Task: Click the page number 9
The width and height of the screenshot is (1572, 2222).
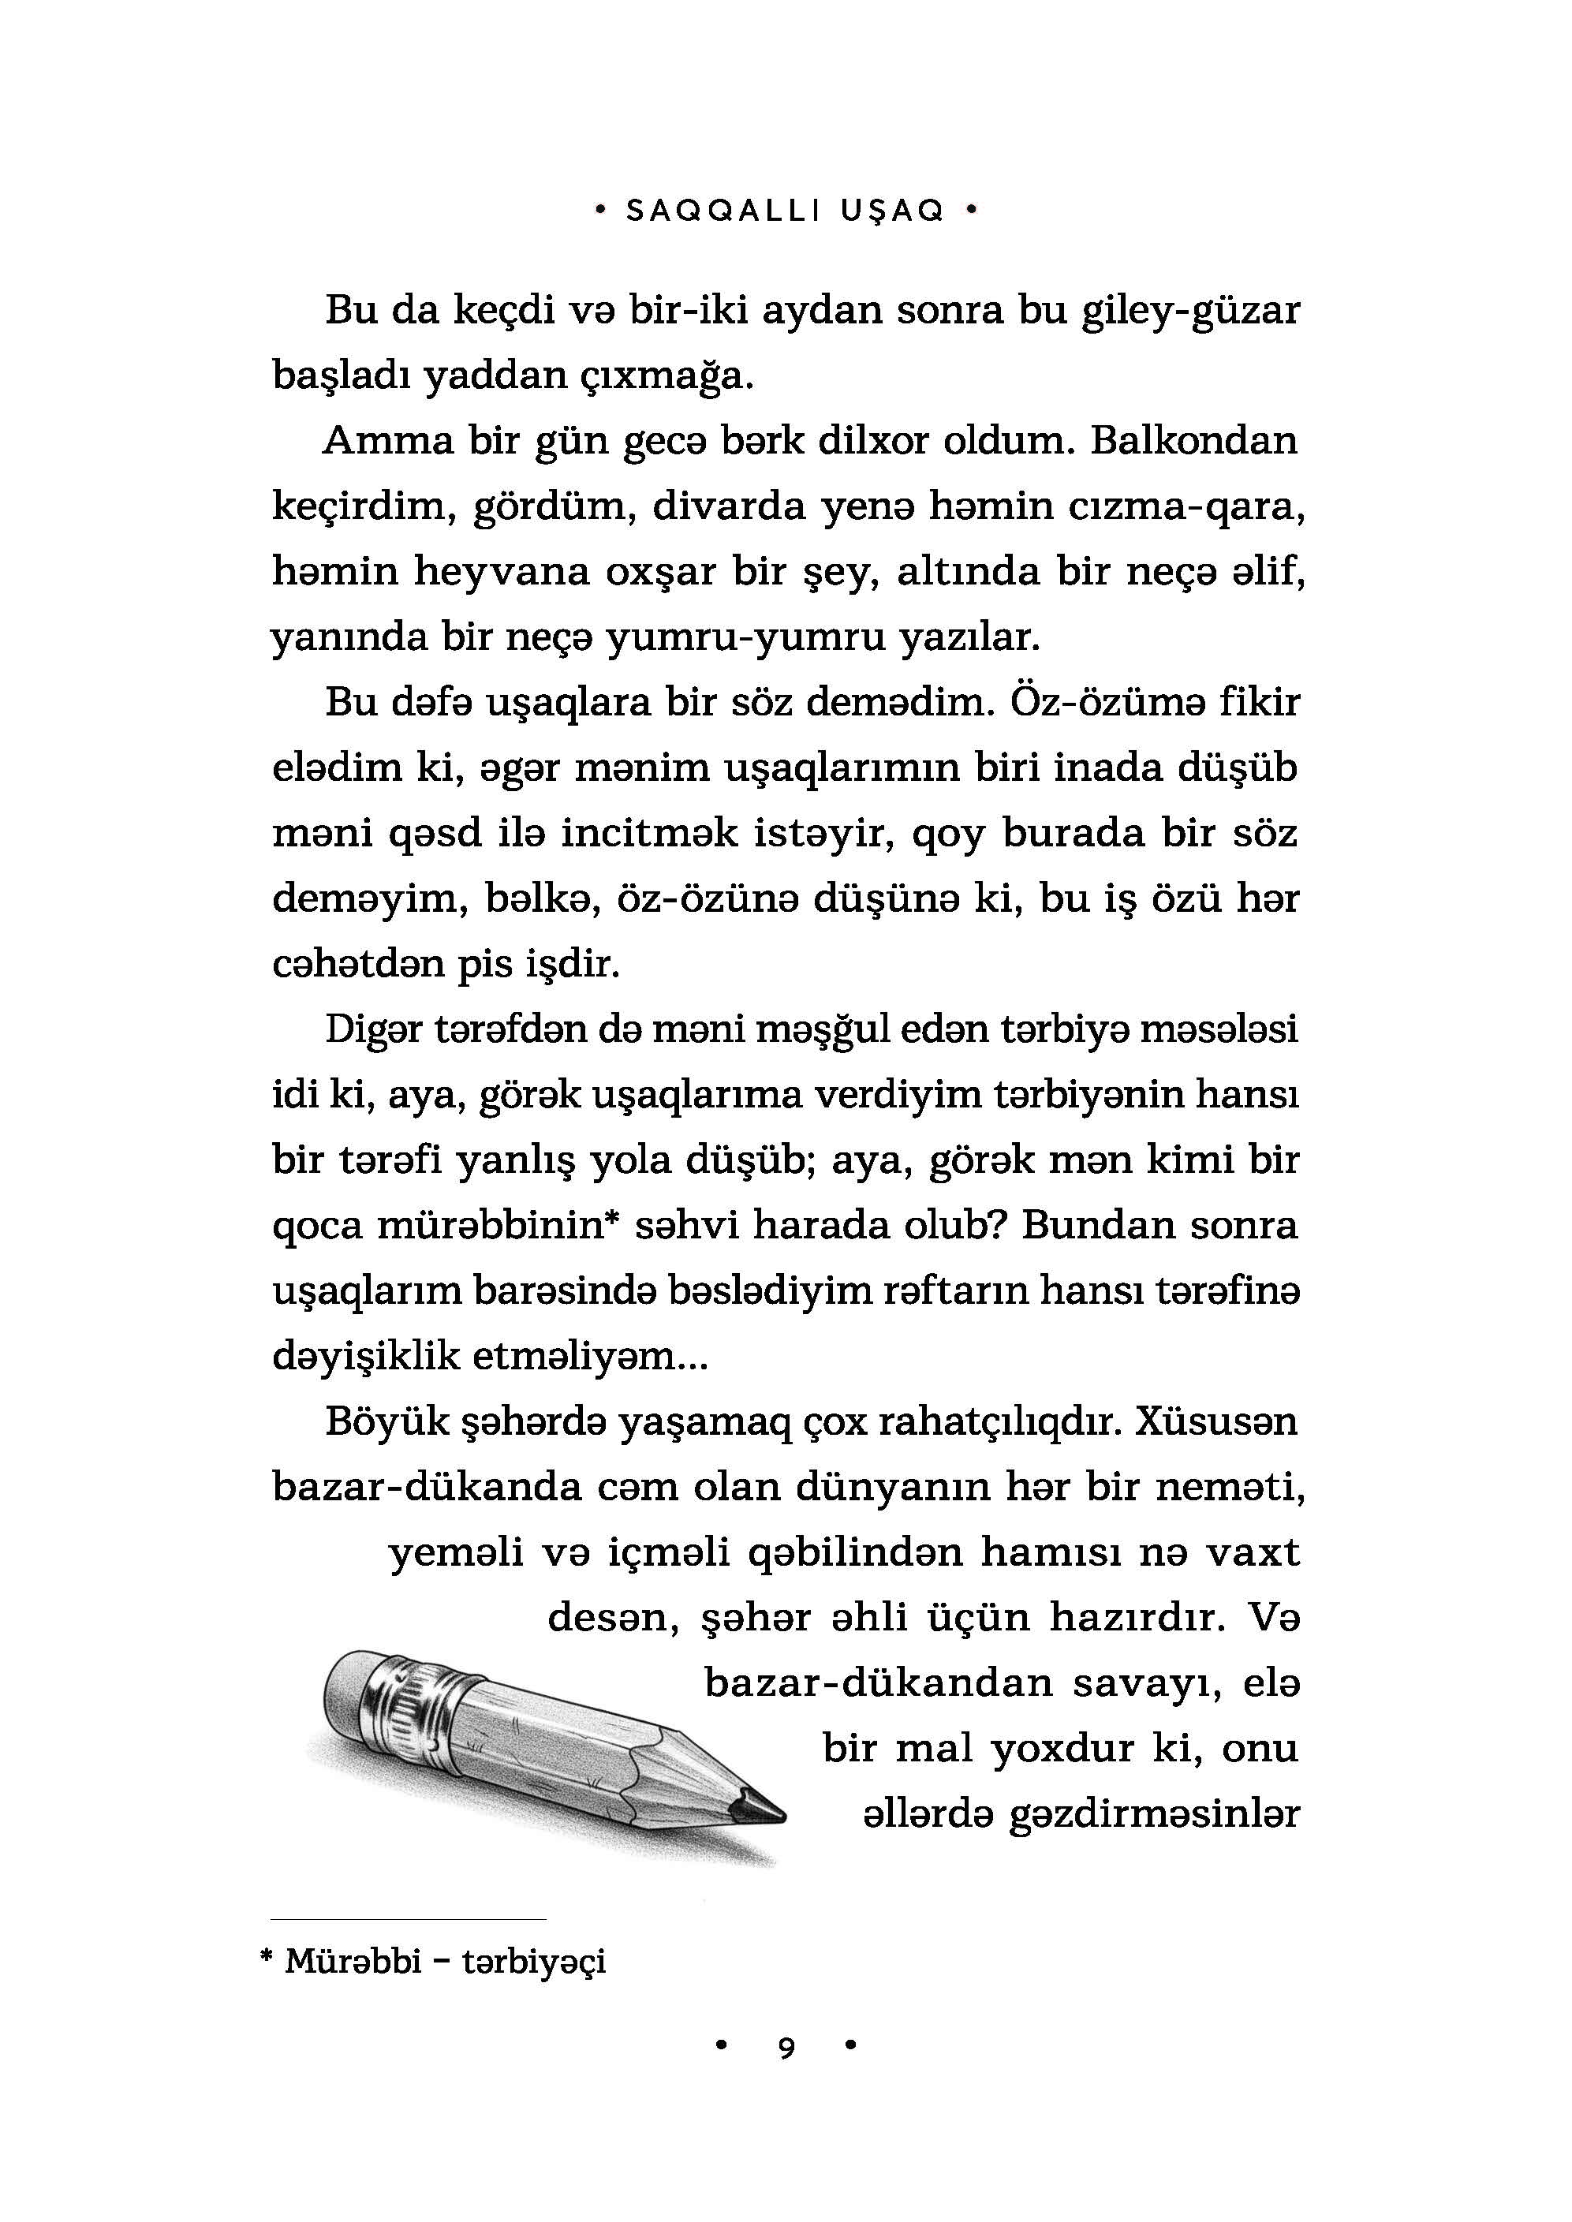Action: [786, 2048]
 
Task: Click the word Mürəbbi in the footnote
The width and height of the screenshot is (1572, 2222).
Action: [353, 1962]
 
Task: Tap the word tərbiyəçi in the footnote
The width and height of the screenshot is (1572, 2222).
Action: [533, 1962]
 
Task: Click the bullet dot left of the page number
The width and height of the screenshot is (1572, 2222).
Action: [719, 2046]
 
